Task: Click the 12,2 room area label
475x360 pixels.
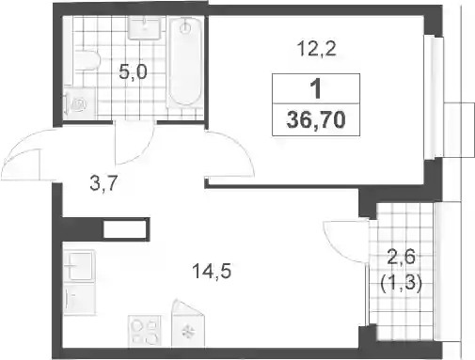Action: click(x=317, y=50)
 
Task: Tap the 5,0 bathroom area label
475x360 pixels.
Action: click(x=133, y=73)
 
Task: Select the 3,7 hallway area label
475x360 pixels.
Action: click(x=103, y=183)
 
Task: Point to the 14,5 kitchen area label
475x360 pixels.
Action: click(x=212, y=272)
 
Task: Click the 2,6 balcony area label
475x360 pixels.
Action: click(x=402, y=257)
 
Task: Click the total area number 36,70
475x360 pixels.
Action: click(x=316, y=120)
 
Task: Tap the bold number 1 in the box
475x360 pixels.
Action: click(x=316, y=88)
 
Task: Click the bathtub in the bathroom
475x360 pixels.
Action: click(x=185, y=61)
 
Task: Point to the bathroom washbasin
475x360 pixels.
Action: click(x=145, y=28)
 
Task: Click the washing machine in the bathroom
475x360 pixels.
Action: click(x=79, y=102)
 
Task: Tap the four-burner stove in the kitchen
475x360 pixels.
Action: click(x=145, y=331)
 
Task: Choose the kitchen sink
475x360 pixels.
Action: click(x=81, y=266)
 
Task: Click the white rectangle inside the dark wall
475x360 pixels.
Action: click(x=124, y=229)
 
